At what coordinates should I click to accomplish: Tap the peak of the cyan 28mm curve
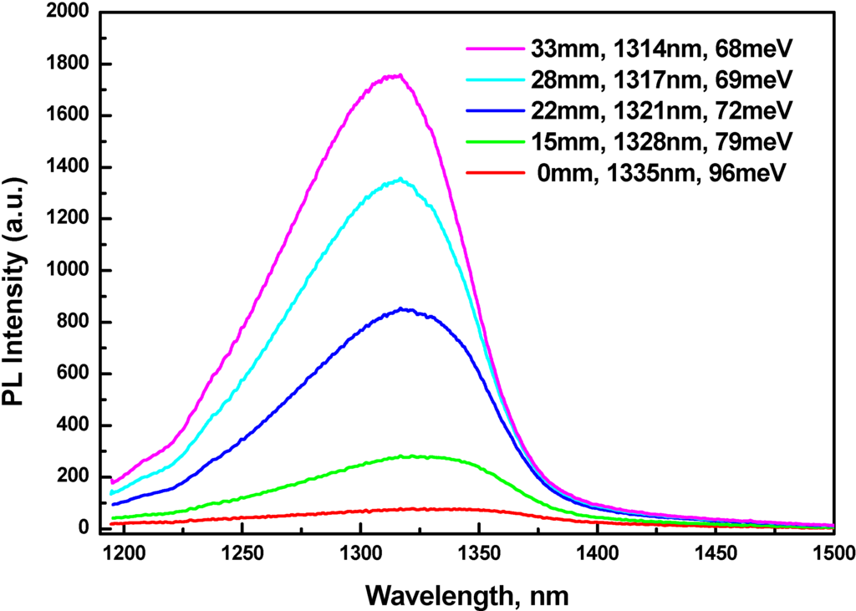pos(400,179)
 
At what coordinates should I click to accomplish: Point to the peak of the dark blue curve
pos(403,309)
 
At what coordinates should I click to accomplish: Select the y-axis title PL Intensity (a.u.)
pos(17,272)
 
